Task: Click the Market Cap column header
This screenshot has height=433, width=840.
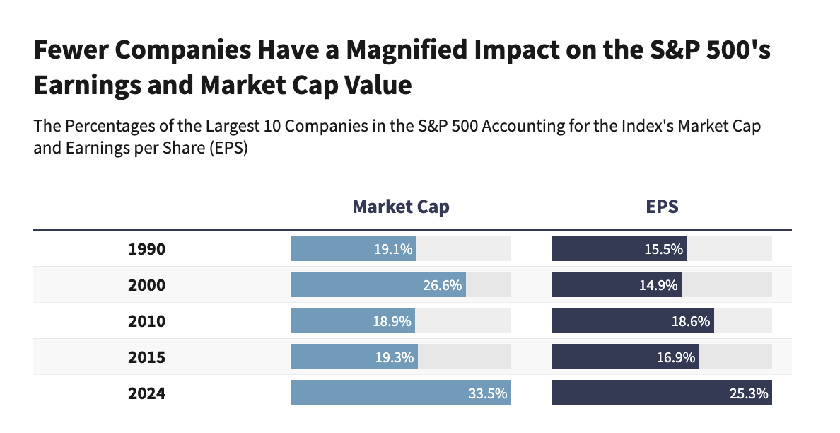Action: [401, 207]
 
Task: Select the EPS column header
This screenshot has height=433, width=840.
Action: [662, 207]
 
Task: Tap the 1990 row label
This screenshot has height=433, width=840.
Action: [146, 249]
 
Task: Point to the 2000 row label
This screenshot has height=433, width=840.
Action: [146, 285]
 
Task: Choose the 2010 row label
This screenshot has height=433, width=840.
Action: [146, 321]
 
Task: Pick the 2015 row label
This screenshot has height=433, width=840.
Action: [146, 357]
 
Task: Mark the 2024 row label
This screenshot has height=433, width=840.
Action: [146, 393]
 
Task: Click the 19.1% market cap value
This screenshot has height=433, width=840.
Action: [393, 249]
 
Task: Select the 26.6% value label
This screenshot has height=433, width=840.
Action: [443, 285]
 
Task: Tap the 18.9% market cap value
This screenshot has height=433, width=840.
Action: [392, 321]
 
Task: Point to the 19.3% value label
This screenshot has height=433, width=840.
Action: [395, 357]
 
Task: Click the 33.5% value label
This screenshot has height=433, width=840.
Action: [488, 393]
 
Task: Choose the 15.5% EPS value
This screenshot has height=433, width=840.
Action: [664, 249]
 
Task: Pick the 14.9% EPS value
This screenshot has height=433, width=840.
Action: [659, 285]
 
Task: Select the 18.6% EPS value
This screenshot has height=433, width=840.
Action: [691, 321]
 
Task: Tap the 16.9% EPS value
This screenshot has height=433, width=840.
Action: [677, 357]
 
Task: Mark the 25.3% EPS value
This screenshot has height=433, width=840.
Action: [749, 393]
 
